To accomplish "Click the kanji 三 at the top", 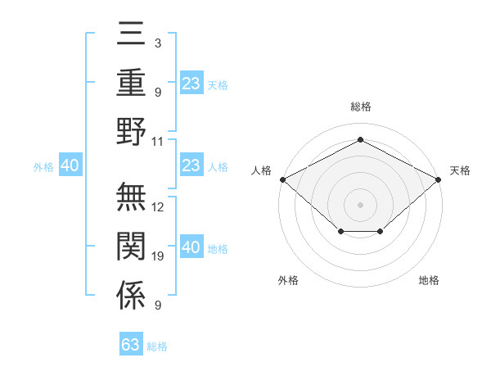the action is click(x=131, y=34).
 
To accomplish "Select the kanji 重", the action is click(x=131, y=82).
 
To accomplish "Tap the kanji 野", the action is click(x=131, y=131).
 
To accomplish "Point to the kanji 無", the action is click(x=131, y=197).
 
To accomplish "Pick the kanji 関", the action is click(x=131, y=246).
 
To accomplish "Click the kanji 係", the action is click(x=131, y=295).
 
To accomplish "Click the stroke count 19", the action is click(x=157, y=256).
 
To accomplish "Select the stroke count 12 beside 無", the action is click(x=157, y=207).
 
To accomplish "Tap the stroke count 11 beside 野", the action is click(x=157, y=142).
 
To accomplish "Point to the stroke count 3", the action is click(x=158, y=43).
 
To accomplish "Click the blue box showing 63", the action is click(x=131, y=343).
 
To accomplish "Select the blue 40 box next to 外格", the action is click(x=70, y=165).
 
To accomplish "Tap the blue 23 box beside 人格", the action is click(x=192, y=165).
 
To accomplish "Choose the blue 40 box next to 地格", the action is click(x=192, y=246).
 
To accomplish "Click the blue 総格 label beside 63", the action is click(x=157, y=346).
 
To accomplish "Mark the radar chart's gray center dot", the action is click(x=360, y=205).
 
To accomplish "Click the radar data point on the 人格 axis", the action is click(x=283, y=179).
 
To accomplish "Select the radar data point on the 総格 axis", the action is click(x=360, y=139).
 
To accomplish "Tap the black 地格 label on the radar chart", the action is click(x=429, y=280).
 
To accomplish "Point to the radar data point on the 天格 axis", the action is click(x=438, y=179).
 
